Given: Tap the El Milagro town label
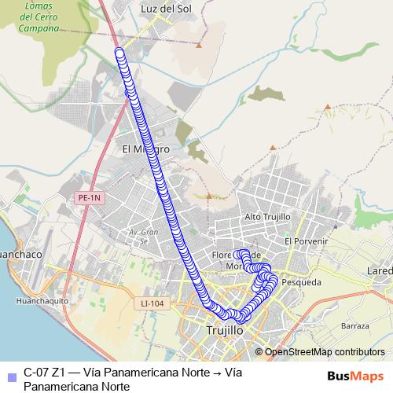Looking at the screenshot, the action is [x=145, y=149].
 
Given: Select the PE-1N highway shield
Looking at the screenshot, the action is [x=91, y=199].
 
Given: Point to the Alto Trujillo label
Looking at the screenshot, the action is [x=267, y=217].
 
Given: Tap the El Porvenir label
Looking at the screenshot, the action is [x=306, y=241].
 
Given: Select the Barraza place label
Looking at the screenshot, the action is [x=356, y=325].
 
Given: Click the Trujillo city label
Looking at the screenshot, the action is [x=224, y=331].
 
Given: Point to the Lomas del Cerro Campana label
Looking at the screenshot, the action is [x=41, y=17].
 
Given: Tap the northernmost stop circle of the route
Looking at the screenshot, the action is [x=119, y=53].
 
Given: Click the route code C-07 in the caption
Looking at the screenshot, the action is [x=37, y=373].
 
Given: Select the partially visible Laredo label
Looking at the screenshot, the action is [x=380, y=271].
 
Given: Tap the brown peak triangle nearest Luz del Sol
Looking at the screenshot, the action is [x=199, y=45].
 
